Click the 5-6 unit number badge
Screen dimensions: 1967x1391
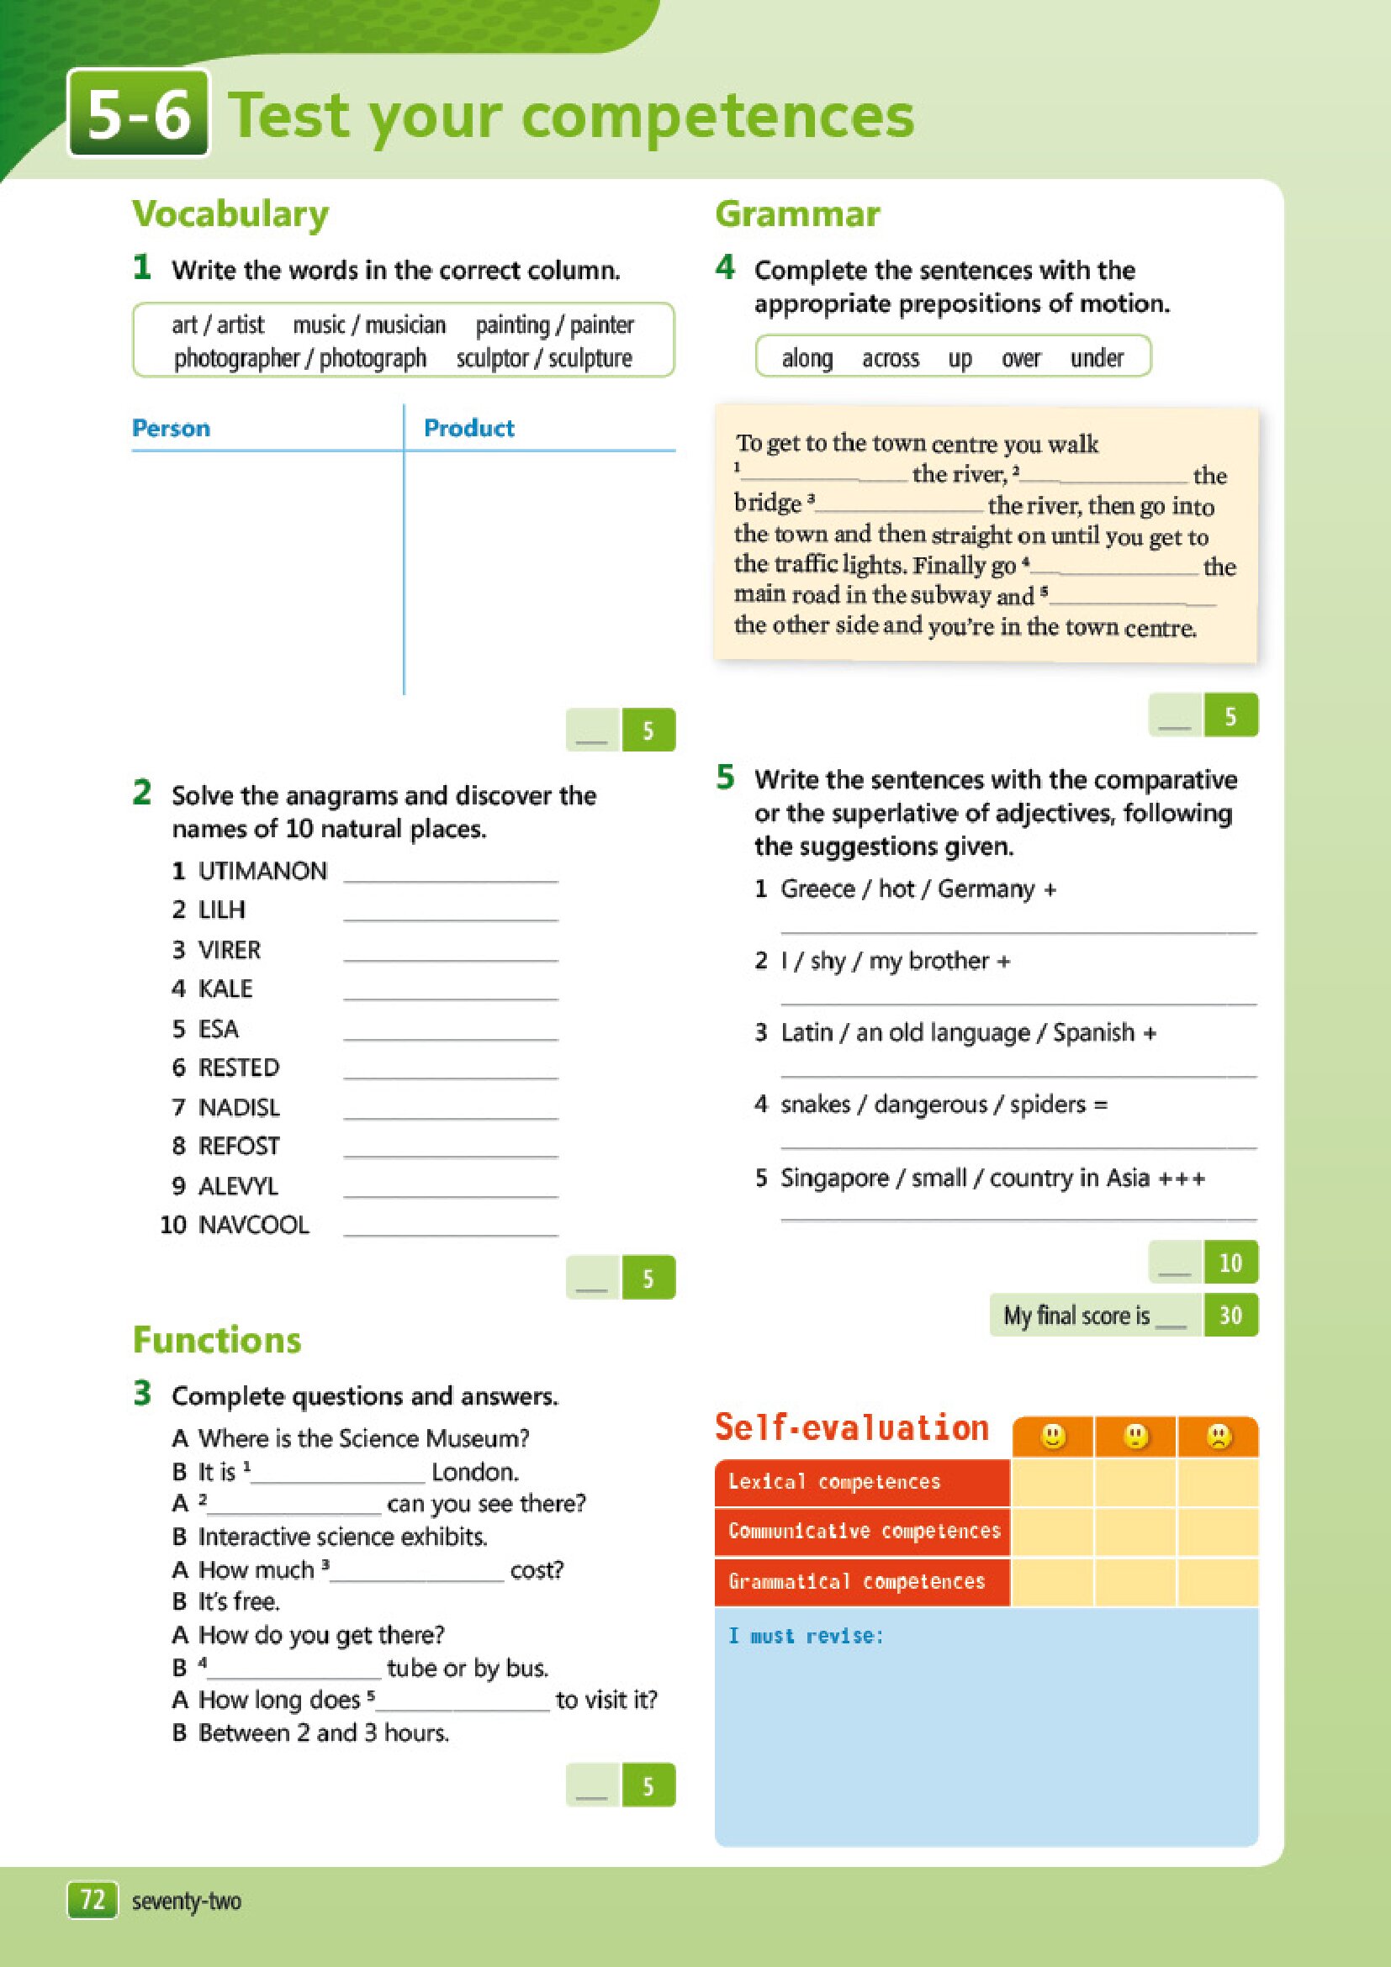click(x=139, y=114)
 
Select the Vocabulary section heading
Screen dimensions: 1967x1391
click(x=230, y=214)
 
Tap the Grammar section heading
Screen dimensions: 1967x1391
click(x=797, y=214)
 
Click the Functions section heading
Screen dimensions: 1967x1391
click(x=217, y=1340)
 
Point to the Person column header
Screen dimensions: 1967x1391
click(x=171, y=429)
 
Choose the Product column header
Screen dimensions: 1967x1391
click(x=468, y=429)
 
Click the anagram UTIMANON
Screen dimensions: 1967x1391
click(x=262, y=871)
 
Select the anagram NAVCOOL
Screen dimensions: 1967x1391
click(x=254, y=1225)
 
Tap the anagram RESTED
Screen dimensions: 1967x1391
click(x=239, y=1068)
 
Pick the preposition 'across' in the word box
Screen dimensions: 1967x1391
click(x=891, y=358)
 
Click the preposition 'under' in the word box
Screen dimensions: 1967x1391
click(x=1096, y=358)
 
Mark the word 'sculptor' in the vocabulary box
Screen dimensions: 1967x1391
click(x=492, y=358)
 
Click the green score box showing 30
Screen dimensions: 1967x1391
click(x=1230, y=1315)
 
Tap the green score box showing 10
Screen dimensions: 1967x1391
click(x=1230, y=1263)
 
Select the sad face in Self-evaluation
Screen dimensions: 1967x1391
click(x=1218, y=1436)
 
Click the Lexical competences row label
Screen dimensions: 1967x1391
click(x=834, y=1482)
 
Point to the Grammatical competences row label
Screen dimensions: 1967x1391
click(x=856, y=1581)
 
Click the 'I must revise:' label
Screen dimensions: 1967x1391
click(x=806, y=1637)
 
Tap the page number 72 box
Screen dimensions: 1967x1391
click(x=92, y=1901)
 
